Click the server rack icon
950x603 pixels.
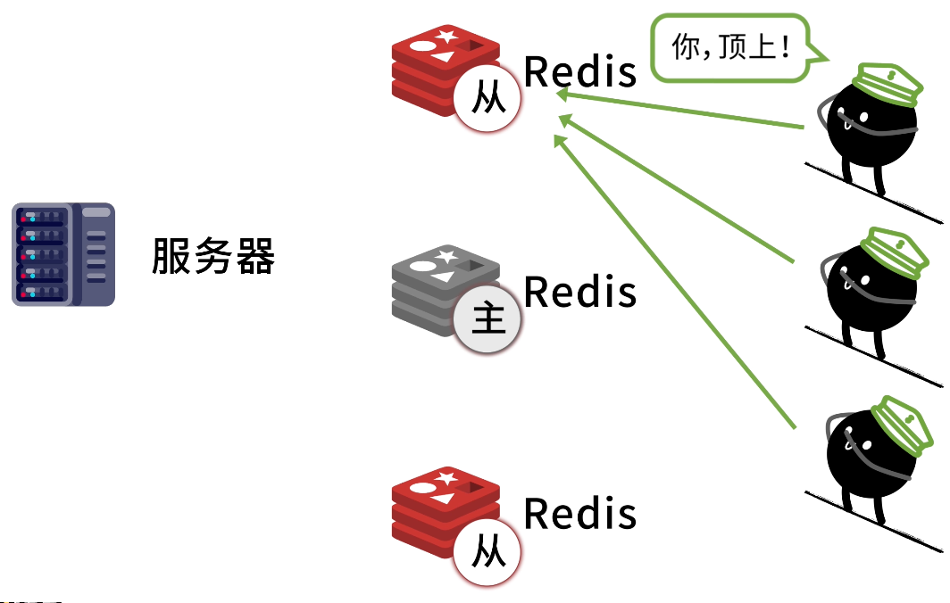63,254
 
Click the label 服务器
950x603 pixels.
213,256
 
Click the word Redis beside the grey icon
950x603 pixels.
580,292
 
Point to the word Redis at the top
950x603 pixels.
580,71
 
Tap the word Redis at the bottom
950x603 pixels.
580,513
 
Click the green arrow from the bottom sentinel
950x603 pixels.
674,283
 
